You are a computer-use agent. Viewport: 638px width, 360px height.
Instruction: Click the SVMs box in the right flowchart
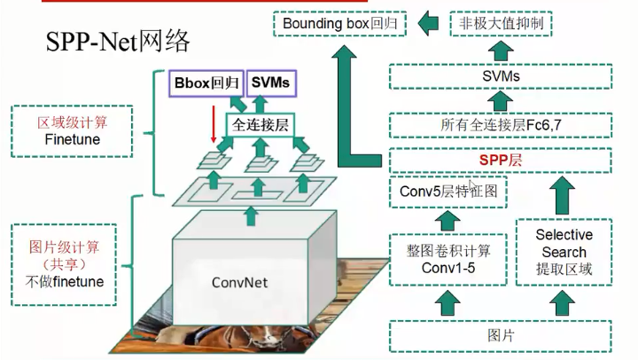click(501, 77)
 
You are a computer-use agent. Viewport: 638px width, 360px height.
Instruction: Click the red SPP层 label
click(501, 161)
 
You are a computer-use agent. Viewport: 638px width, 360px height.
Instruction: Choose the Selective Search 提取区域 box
click(564, 253)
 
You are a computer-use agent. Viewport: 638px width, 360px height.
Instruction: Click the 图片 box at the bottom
click(501, 336)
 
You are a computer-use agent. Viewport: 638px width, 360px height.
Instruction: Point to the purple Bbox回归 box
click(205, 83)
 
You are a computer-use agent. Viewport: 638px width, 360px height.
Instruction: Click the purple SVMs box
click(270, 83)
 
